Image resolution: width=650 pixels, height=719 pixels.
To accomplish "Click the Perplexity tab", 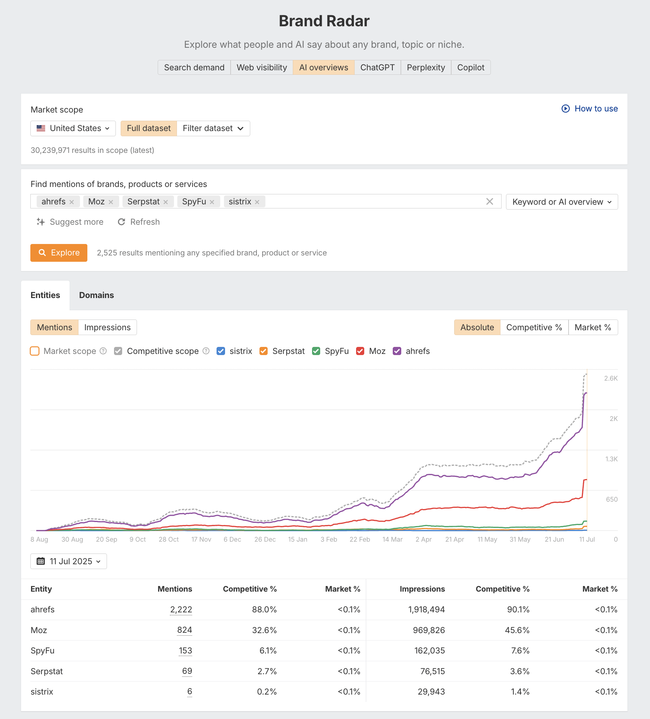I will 426,67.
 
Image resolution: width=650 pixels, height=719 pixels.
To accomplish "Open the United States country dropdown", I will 73,128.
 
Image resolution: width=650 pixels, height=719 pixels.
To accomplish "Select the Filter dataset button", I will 213,128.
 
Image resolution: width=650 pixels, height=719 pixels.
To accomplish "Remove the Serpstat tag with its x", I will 166,202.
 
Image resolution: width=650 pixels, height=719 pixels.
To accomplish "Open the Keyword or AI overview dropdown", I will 562,202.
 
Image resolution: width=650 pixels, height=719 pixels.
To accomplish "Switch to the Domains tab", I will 96,295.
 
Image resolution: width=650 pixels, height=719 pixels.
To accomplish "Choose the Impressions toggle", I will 107,327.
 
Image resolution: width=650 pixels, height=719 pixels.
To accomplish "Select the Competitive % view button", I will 534,327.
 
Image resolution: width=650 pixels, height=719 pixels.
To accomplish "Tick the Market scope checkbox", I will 35,351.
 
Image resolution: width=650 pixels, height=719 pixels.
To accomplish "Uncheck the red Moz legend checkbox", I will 360,351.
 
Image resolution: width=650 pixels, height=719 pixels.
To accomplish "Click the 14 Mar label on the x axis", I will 392,539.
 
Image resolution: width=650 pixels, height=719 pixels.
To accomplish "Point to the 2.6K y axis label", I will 611,378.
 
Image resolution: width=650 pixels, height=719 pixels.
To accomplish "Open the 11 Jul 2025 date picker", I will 69,561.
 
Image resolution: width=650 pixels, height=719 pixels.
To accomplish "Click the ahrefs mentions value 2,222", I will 181,609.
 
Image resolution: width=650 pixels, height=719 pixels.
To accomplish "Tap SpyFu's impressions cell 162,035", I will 429,651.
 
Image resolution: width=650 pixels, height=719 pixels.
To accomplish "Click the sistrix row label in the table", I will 42,692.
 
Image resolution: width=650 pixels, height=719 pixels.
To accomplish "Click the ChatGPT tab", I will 377,67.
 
